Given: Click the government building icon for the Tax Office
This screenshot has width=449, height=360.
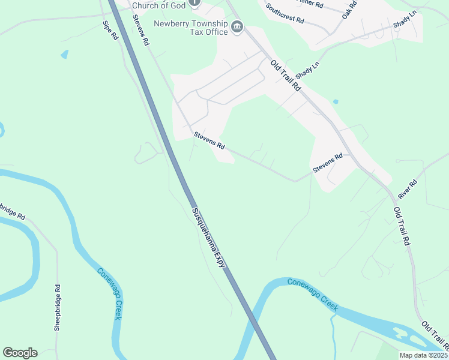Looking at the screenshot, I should [x=237, y=27].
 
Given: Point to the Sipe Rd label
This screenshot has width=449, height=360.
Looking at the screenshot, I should [x=110, y=31].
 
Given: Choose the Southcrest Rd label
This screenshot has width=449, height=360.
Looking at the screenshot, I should [x=285, y=14].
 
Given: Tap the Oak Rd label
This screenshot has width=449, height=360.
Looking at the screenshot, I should [x=349, y=10].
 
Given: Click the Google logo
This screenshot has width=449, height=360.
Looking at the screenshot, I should [x=20, y=353].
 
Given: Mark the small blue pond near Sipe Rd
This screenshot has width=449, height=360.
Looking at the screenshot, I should [x=64, y=55].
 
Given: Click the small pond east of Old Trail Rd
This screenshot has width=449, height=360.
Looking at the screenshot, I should [x=335, y=101].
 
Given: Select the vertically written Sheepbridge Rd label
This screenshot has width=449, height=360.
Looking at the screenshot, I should [x=58, y=307].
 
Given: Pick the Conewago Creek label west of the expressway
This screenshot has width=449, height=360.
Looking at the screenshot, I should [x=109, y=293].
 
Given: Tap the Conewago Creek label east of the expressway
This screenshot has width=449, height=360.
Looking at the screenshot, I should [x=312, y=295].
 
